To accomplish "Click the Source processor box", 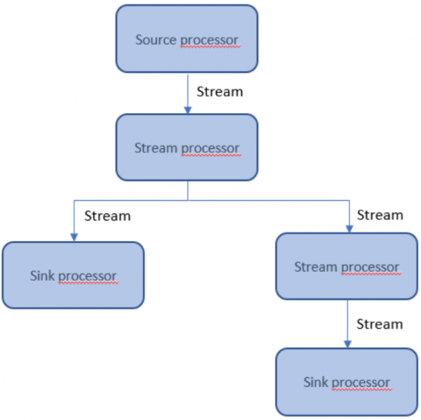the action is coord(187,39).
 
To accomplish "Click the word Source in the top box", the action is coord(156,39).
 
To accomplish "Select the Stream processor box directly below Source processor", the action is coord(187,147).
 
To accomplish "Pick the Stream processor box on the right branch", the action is coord(346,267).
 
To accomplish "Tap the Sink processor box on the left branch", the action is coord(73,275).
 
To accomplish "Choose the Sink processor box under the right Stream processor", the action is coord(346,381).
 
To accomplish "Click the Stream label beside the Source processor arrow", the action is coord(220,92).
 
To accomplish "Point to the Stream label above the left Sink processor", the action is coord(108,216).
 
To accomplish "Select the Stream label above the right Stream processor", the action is coord(380,215).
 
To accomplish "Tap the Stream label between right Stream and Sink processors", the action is coord(380,324).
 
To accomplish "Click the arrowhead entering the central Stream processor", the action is coord(188,110).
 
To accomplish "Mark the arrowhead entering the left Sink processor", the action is coord(75,238).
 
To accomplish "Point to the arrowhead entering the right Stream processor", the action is coord(349,229).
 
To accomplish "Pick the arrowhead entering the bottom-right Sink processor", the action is coord(347,344).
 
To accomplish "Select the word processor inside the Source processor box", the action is coord(210,40).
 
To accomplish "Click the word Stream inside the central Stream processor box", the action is coord(156,148).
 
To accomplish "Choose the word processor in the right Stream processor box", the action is coord(370,267).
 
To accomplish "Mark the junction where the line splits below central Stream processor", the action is coord(188,200).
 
